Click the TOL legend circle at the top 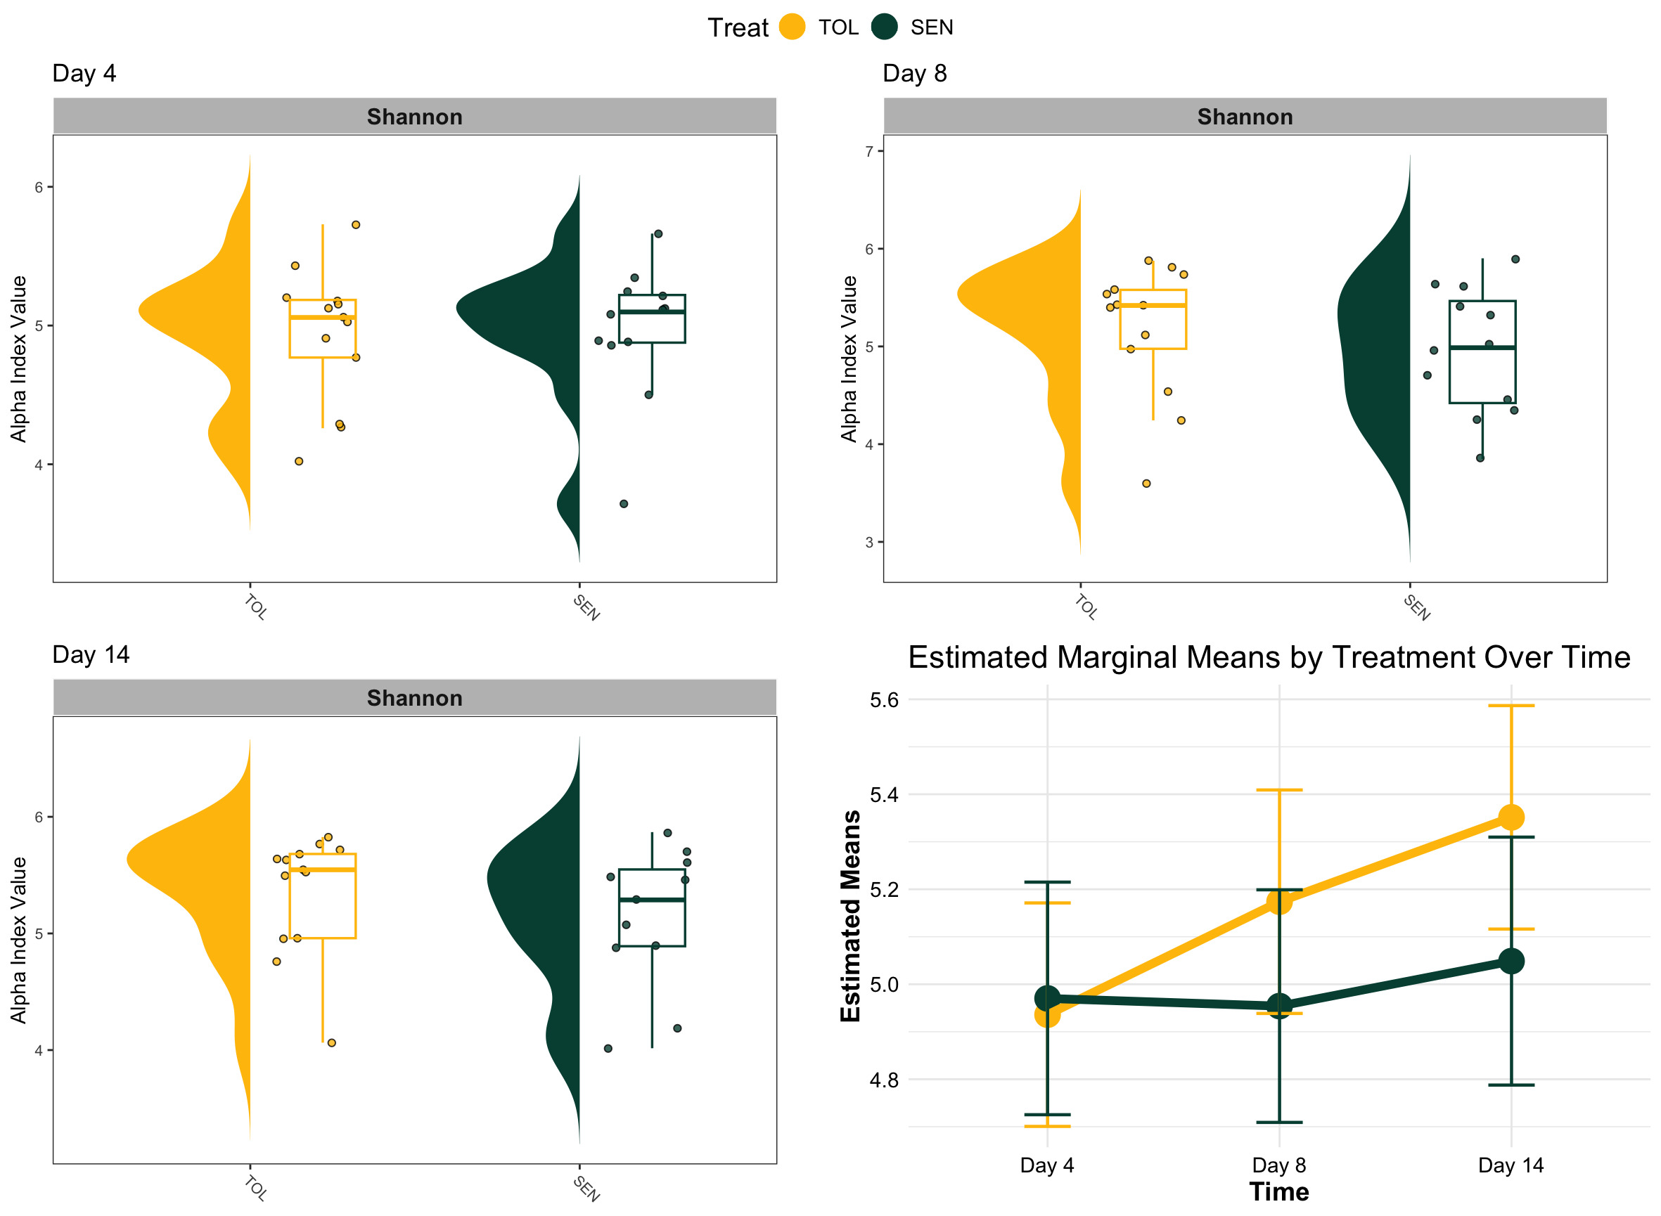point(792,27)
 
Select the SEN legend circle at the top point(884,27)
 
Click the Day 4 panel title point(84,74)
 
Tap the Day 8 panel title point(914,74)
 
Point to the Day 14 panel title point(91,654)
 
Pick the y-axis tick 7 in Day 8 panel point(869,152)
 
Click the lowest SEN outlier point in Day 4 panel point(624,504)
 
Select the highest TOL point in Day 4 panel point(356,225)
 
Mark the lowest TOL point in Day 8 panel point(1146,484)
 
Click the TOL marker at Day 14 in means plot point(1511,817)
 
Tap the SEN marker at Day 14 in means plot point(1511,961)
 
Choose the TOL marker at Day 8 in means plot point(1279,901)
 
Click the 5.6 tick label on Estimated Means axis point(883,700)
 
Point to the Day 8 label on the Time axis point(1279,1165)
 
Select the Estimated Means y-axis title point(850,916)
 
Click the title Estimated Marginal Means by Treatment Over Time point(1269,657)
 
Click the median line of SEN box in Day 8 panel point(1482,347)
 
